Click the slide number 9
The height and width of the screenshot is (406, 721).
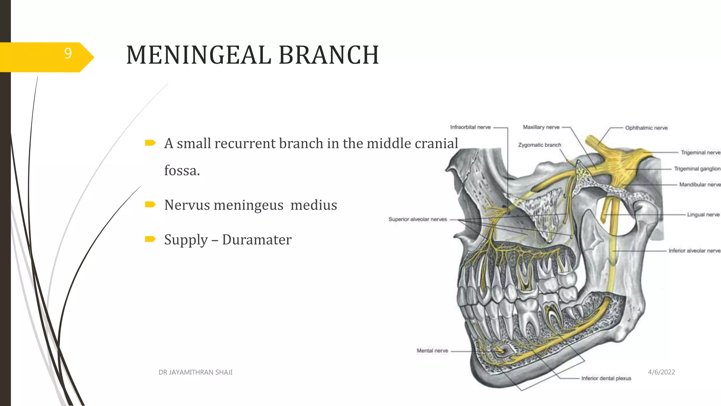coord(68,54)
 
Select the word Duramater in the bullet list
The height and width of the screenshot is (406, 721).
coord(257,240)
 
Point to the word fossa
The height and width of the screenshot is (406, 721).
coord(182,171)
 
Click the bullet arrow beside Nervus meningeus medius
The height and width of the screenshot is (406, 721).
coord(150,204)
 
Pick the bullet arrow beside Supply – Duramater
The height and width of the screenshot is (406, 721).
coord(150,239)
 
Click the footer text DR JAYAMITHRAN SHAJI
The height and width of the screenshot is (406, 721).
coord(195,372)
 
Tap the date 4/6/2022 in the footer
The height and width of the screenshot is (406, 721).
coord(661,372)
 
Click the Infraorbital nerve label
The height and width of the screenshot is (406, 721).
coord(470,127)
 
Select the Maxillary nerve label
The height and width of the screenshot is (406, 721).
coord(541,127)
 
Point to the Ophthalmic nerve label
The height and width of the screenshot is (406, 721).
coord(646,128)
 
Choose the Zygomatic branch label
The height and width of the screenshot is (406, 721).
coord(539,145)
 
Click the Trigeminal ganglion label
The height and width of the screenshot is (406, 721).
coord(697,169)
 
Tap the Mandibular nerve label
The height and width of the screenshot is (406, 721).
coord(700,185)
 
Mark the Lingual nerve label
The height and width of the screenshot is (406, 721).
coord(703,215)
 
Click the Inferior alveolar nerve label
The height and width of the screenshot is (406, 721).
coord(694,251)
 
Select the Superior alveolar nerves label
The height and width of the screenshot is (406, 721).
coord(418,219)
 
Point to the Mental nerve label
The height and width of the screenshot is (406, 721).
coord(432,351)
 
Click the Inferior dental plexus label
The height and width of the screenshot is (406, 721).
coord(606,378)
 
